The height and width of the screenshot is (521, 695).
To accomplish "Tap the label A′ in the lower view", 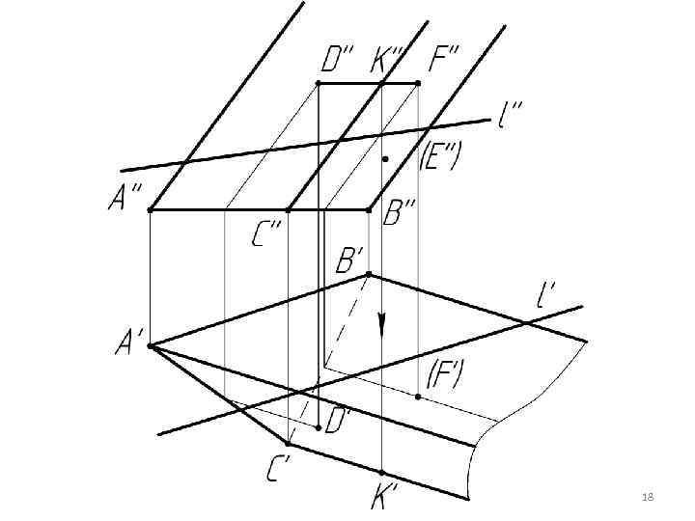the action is [x=129, y=343].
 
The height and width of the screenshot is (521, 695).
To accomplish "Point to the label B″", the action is [x=398, y=213].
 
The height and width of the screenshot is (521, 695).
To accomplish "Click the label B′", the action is [x=348, y=260].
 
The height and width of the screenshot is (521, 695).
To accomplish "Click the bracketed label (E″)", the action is [x=441, y=158].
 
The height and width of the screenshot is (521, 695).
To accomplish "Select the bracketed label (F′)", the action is [x=444, y=374].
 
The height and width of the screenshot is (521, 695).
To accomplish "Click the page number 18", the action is [x=648, y=496].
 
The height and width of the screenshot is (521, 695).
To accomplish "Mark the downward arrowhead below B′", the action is [x=382, y=325].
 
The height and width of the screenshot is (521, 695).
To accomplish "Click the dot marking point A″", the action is [x=150, y=209].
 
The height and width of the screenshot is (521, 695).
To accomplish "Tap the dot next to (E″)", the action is [x=384, y=157].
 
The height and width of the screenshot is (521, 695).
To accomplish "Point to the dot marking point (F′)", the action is [x=418, y=397].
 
